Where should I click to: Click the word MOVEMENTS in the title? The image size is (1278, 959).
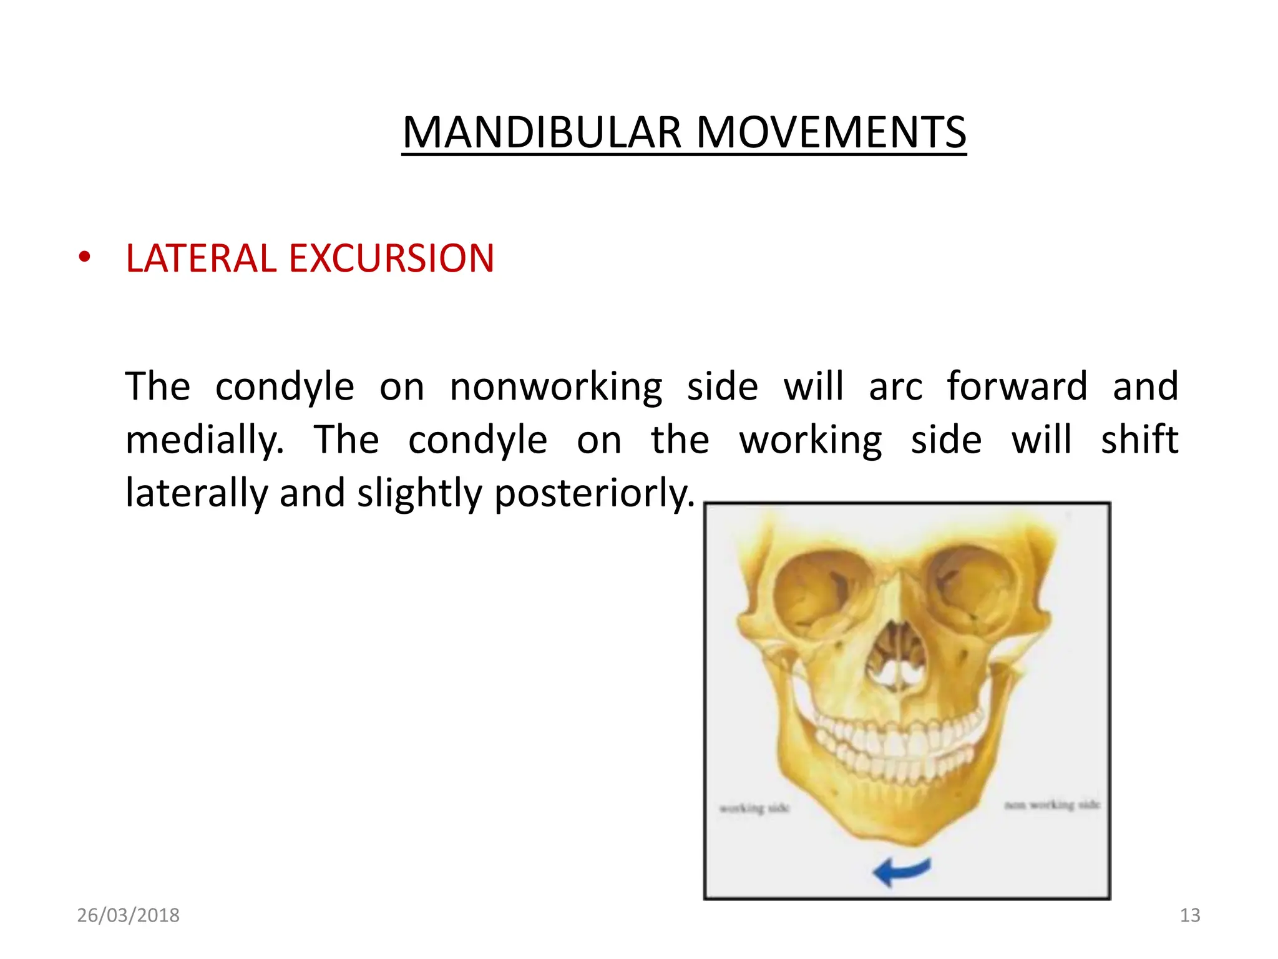[x=831, y=133]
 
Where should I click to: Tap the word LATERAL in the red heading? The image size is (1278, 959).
[x=200, y=258]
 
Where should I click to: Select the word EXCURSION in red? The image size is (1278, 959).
[x=391, y=258]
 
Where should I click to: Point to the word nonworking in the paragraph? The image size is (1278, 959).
[x=556, y=387]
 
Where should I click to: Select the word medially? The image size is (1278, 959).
[x=205, y=440]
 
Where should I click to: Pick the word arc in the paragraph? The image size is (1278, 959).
[x=895, y=387]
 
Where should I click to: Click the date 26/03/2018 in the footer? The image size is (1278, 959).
[x=128, y=915]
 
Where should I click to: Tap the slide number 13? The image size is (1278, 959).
[x=1189, y=915]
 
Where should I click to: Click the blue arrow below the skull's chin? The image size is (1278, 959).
[x=901, y=871]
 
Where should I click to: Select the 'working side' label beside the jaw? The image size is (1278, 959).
[x=754, y=809]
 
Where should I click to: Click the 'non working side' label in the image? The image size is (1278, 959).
[x=1051, y=805]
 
